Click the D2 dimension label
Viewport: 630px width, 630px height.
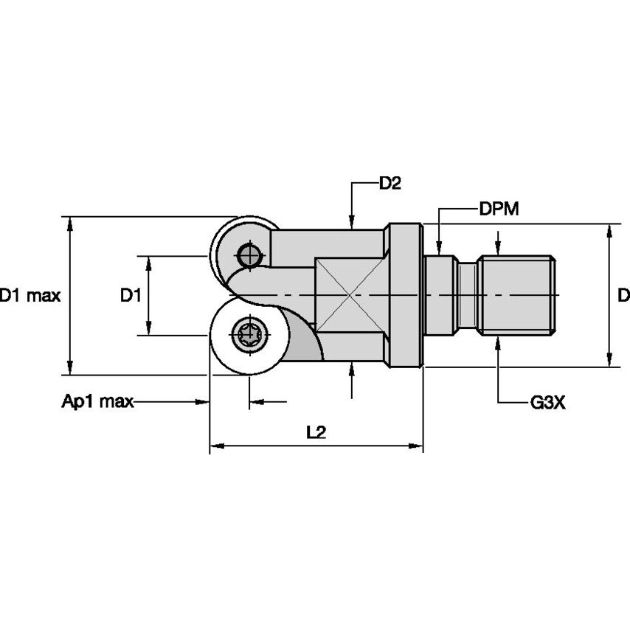(390, 184)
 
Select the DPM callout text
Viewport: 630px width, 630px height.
(499, 209)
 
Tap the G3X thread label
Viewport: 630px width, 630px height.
(547, 403)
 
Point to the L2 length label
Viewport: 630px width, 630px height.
(316, 432)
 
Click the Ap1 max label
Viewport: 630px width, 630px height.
(97, 402)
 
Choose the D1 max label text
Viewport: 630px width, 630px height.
(30, 296)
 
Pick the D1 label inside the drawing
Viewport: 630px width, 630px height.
(131, 296)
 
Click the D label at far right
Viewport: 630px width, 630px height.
(623, 296)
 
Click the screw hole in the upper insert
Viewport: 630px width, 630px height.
(249, 256)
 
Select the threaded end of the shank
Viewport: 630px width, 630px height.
(516, 295)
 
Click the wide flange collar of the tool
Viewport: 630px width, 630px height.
(405, 295)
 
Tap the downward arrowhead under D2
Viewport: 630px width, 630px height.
(352, 222)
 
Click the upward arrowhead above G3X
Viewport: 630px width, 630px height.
(499, 342)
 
